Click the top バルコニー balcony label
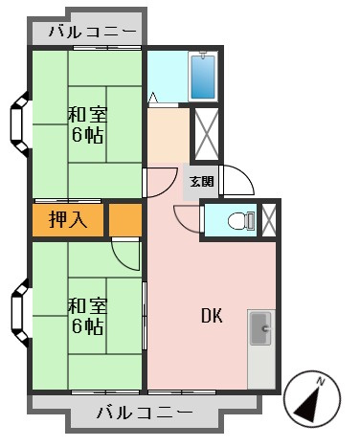pos(87,32)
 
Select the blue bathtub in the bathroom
pos(203,76)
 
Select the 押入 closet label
pos(68,219)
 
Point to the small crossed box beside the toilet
pos(269,220)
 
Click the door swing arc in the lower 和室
pos(124,255)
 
